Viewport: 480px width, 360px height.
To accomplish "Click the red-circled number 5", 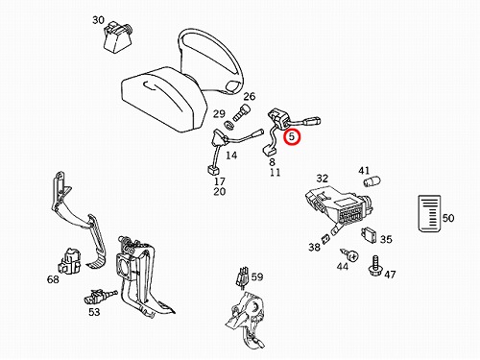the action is [292, 136].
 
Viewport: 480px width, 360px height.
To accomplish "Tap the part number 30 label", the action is [98, 20].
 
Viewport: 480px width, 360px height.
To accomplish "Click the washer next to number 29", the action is [228, 126].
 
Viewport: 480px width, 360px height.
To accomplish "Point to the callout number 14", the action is [231, 156].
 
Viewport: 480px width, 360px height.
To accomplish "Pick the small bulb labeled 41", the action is [372, 181].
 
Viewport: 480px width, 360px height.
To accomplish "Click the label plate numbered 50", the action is [429, 213].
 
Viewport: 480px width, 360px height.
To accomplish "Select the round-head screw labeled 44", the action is [349, 255].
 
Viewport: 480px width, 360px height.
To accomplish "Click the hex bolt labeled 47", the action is [375, 267].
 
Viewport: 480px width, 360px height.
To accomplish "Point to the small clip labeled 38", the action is [325, 239].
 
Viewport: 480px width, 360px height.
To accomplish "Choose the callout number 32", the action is [323, 179].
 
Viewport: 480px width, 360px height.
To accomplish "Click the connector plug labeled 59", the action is [243, 277].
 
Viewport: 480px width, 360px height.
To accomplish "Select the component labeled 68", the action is [69, 261].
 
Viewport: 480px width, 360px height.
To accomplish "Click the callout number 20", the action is [220, 192].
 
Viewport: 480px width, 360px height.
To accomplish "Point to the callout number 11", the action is [275, 173].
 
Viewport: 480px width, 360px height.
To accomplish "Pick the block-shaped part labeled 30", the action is [117, 36].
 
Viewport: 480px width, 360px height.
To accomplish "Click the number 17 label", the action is [220, 181].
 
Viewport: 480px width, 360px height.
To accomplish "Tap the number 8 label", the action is [272, 162].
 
